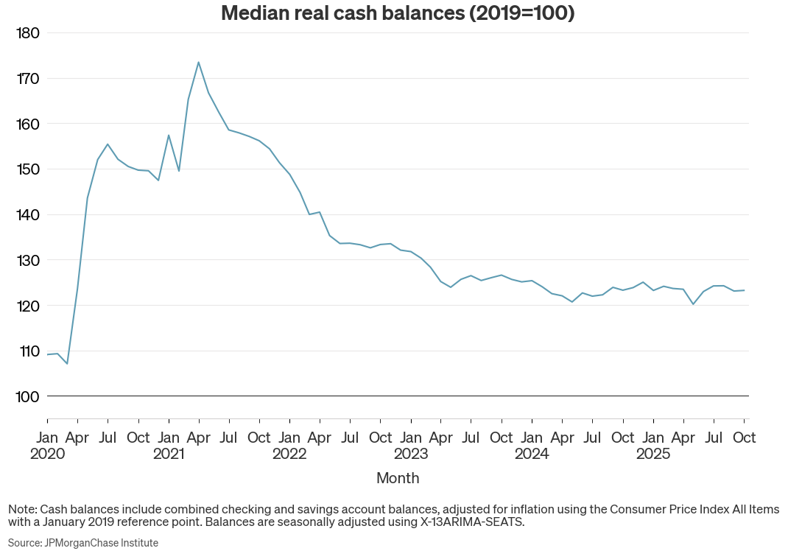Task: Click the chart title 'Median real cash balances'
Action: pyautogui.click(x=398, y=13)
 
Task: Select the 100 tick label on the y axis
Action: pyautogui.click(x=27, y=396)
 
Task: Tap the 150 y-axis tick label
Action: pyautogui.click(x=27, y=169)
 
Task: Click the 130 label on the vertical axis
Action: pyautogui.click(x=27, y=260)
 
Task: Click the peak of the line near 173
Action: pyautogui.click(x=198, y=62)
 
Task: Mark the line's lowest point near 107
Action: pyautogui.click(x=67, y=364)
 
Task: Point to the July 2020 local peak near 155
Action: pyautogui.click(x=108, y=144)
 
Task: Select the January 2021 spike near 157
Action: pyautogui.click(x=169, y=135)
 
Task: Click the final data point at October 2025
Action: pyautogui.click(x=744, y=290)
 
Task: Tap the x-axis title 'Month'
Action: pyautogui.click(x=398, y=478)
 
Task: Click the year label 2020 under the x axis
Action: pyautogui.click(x=47, y=454)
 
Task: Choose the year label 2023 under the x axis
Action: pyautogui.click(x=411, y=454)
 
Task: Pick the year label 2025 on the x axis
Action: pyautogui.click(x=653, y=454)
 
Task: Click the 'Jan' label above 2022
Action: pyautogui.click(x=289, y=438)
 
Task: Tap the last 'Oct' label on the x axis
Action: pyautogui.click(x=744, y=438)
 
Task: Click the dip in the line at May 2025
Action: pyautogui.click(x=693, y=304)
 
